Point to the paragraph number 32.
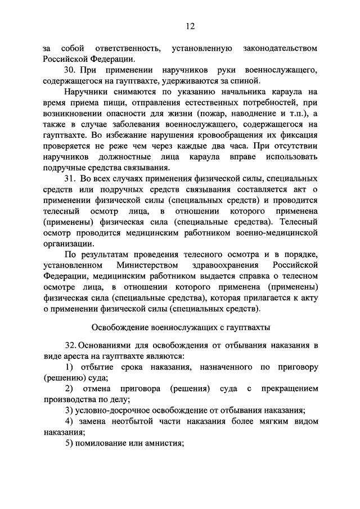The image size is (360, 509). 70,345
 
